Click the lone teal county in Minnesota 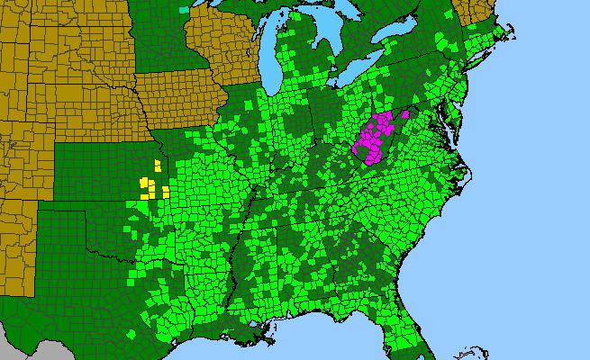coord(185,10)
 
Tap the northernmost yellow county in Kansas coord(158,165)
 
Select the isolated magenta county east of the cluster coord(406,114)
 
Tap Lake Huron coord(338,36)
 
